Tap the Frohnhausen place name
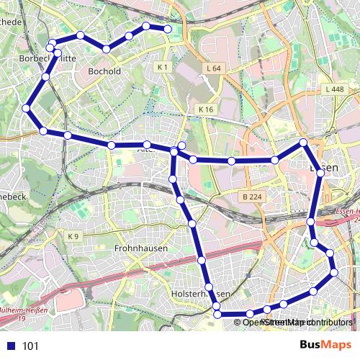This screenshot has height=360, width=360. [141, 248]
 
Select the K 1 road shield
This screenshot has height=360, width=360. [162, 67]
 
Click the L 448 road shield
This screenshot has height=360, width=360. [334, 89]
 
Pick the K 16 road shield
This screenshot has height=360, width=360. [206, 109]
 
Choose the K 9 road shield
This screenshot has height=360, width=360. [73, 236]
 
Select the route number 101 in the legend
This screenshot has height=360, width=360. [30, 346]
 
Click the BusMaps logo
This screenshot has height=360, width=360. [325, 346]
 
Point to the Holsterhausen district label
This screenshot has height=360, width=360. [202, 295]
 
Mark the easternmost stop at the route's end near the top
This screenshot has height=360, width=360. [168, 29]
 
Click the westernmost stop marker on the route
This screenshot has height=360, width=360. [26, 108]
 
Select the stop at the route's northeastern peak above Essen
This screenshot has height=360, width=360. [303, 143]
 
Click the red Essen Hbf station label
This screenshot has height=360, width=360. [347, 215]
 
